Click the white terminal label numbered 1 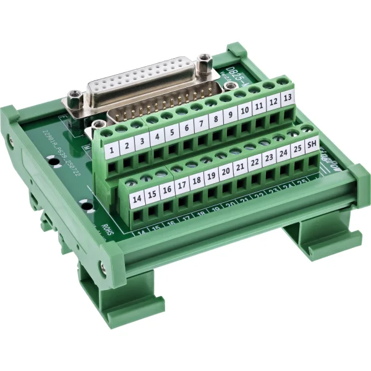click(111, 149)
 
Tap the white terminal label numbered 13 click(286, 98)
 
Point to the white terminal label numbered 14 click(137, 198)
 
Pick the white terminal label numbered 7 click(200, 123)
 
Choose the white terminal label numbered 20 click(226, 170)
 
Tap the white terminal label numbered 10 click(244, 110)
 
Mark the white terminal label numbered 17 click(182, 184)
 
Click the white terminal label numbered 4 click(157, 135)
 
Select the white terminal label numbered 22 click(254, 162)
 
